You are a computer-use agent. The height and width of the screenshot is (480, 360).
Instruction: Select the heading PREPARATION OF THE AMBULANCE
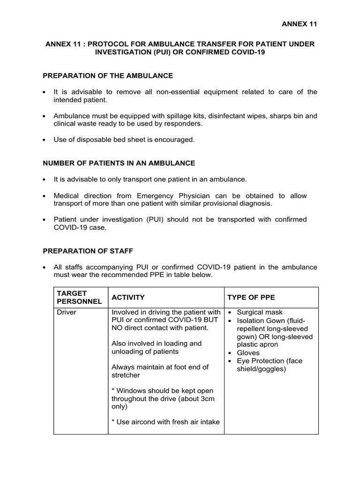coord(108,75)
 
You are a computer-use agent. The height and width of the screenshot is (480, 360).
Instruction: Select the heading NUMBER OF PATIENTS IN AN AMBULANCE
coord(119,163)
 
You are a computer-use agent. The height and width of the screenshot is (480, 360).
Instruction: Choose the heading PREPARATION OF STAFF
coord(91,251)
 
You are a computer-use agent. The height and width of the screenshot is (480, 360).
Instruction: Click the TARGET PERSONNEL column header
coord(79,297)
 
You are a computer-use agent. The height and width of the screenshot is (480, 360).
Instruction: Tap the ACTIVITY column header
coord(128,298)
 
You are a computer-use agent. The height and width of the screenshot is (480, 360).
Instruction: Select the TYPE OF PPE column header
coord(251,298)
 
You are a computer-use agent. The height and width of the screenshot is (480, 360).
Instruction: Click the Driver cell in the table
coord(67,312)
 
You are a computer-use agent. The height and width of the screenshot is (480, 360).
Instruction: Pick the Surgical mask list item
coord(260,312)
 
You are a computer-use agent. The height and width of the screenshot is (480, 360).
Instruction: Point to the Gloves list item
coord(248,353)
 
